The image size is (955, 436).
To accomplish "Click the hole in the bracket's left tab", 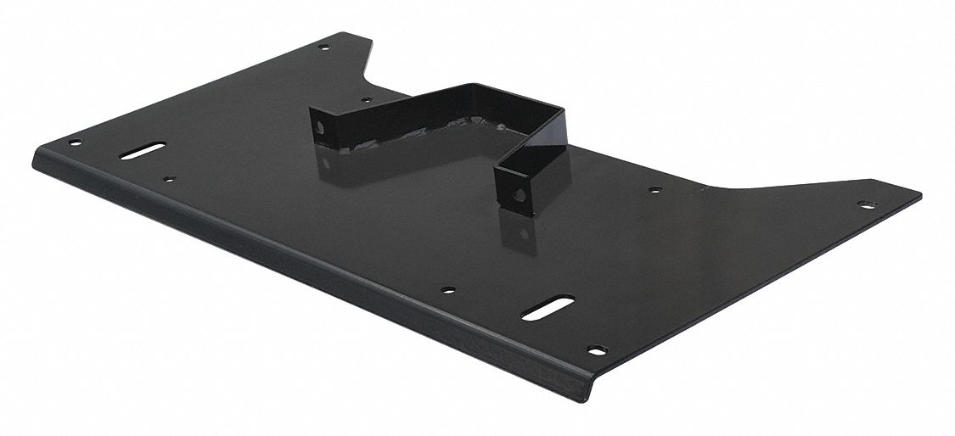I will [321, 127].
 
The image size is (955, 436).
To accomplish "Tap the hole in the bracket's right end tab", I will [519, 195].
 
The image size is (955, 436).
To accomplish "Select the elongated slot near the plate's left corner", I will [143, 152].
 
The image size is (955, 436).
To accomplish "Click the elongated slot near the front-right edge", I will [548, 308].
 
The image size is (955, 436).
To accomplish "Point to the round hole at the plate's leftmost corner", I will [75, 143].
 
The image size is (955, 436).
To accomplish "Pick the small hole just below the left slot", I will [170, 179].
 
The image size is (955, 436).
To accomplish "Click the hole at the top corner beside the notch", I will [323, 48].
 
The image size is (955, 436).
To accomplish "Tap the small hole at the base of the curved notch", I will [366, 100].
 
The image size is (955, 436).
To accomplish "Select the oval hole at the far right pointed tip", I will [866, 204].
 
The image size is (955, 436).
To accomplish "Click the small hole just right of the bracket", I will [654, 189].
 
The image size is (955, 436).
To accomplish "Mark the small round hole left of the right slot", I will [448, 290].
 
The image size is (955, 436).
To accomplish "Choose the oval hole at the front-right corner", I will [597, 349].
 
